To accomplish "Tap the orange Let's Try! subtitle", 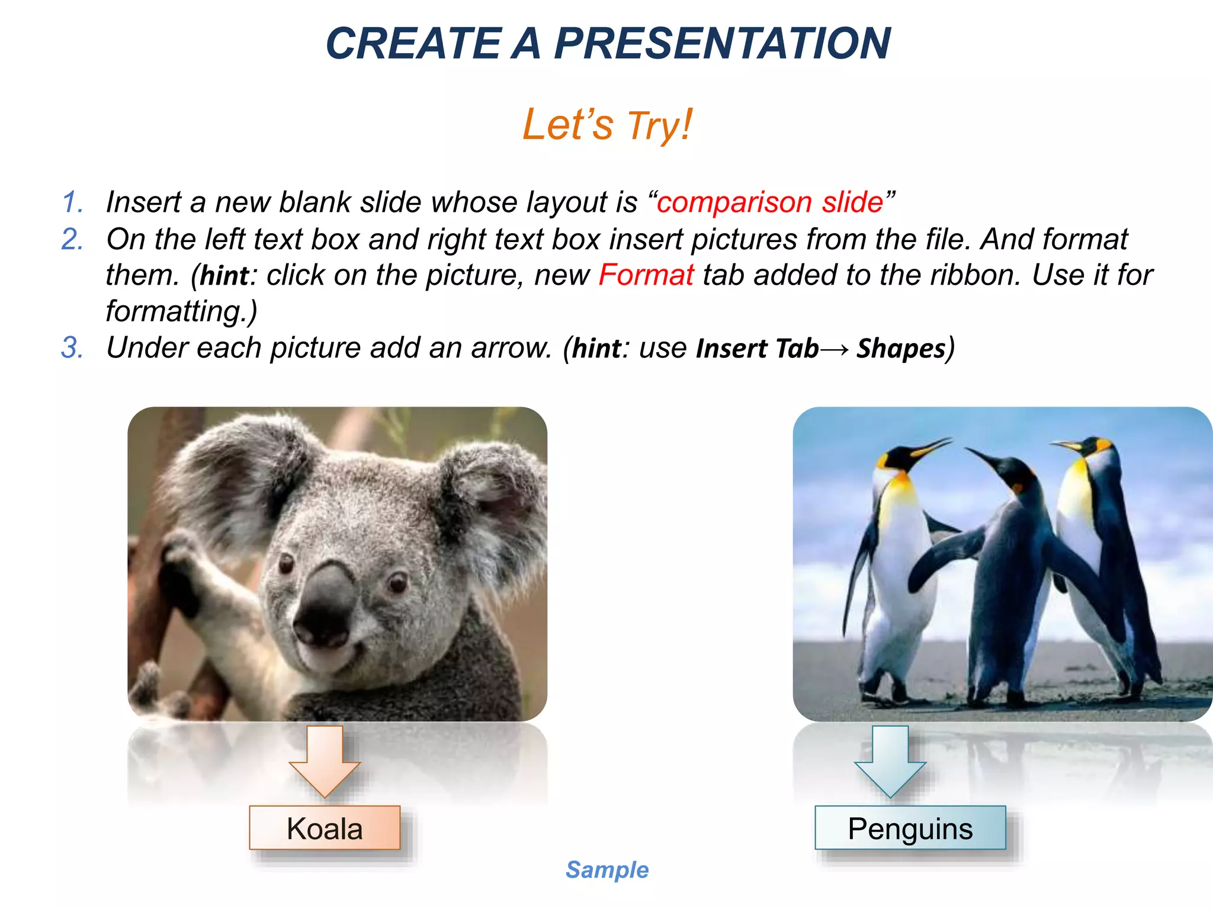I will click(x=606, y=125).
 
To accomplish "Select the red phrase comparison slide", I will click(x=770, y=202).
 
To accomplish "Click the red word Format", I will click(x=646, y=275).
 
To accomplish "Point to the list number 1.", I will click(x=72, y=202).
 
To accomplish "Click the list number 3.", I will click(x=72, y=347).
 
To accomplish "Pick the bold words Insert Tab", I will click(x=757, y=349).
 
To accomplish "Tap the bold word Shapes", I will click(x=901, y=349).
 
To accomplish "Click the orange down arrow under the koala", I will click(x=325, y=763).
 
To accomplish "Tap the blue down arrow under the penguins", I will click(x=890, y=763).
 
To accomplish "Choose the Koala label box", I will click(x=325, y=828).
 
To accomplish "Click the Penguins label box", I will click(x=910, y=828).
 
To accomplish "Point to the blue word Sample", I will click(x=606, y=870).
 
